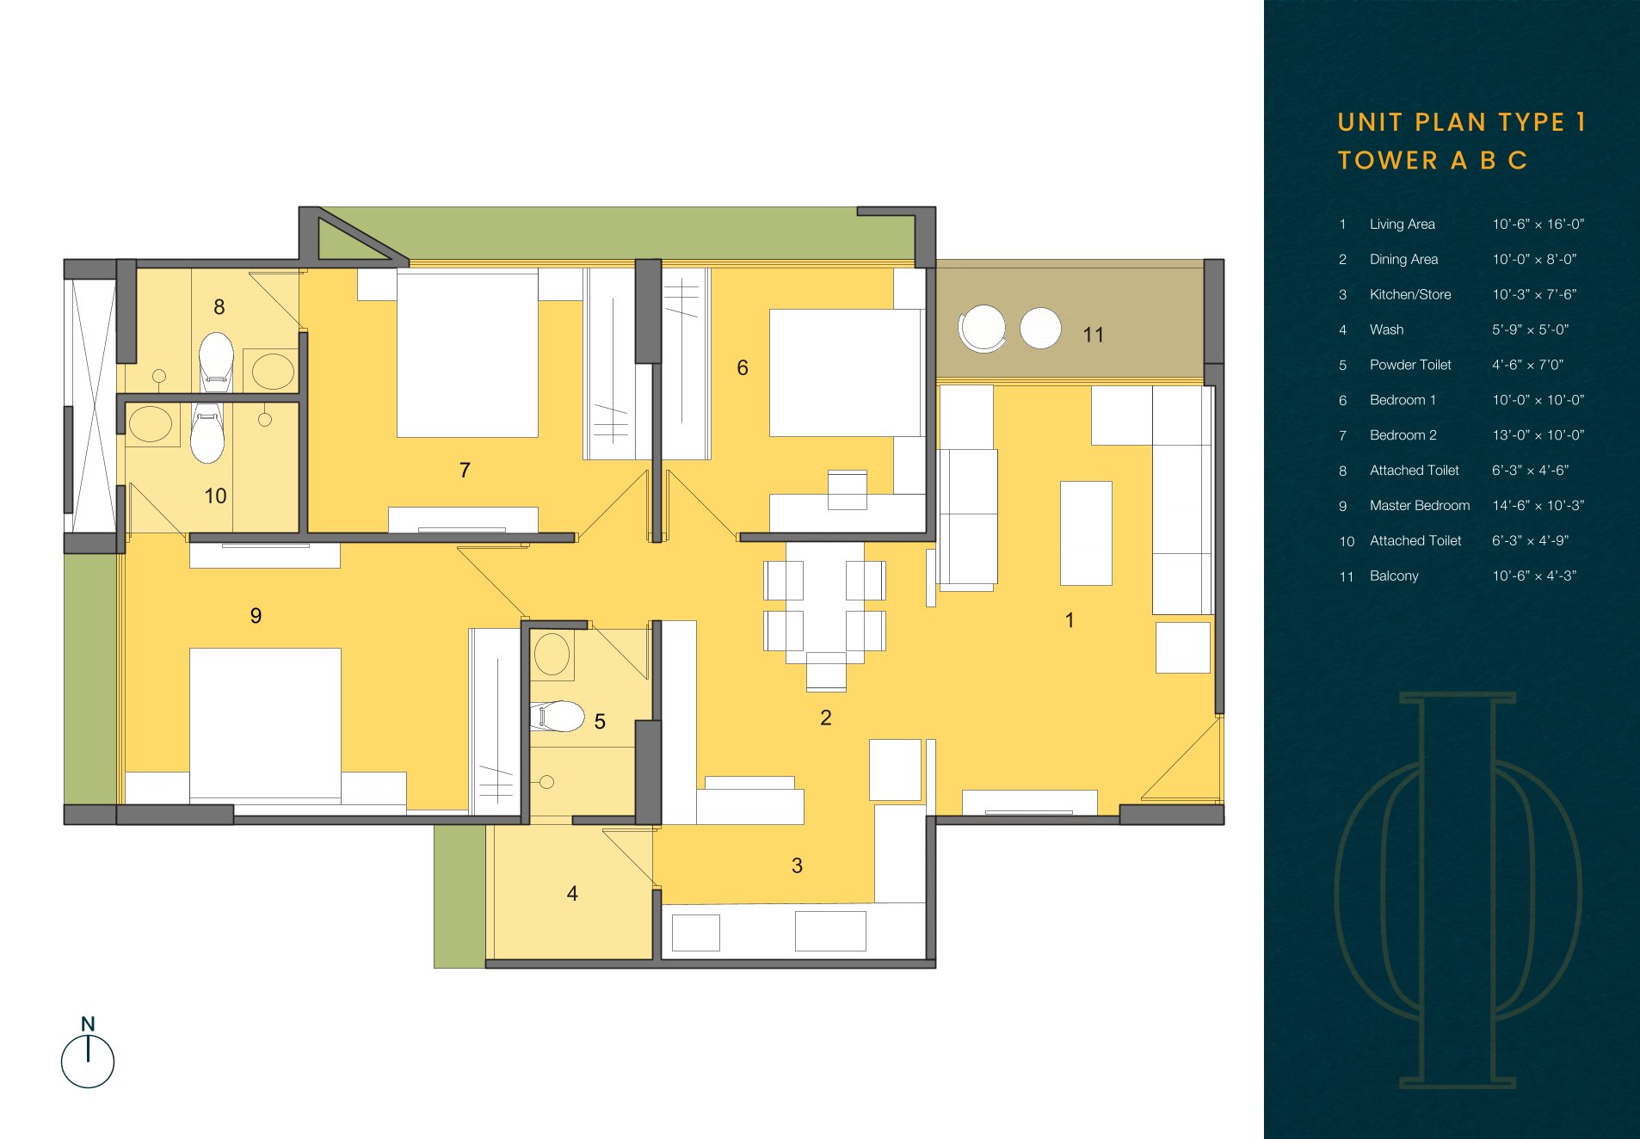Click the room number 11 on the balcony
[x=1093, y=335]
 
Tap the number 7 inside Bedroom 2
[x=465, y=470]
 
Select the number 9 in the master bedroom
[x=256, y=616]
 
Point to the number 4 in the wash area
[x=572, y=894]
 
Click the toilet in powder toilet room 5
[x=557, y=716]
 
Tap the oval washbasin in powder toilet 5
[x=552, y=655]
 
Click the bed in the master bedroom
[x=265, y=723]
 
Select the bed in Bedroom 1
[x=845, y=372]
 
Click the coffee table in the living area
[x=1086, y=533]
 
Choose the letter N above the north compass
[x=88, y=1024]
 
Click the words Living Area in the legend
[x=1403, y=225]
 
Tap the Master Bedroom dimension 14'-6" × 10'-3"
[x=1538, y=506]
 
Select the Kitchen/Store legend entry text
[x=1410, y=295]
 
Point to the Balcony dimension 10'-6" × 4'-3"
[x=1534, y=576]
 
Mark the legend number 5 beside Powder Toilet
[x=1342, y=366]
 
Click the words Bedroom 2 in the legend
[x=1403, y=435]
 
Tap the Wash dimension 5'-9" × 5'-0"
[x=1531, y=330]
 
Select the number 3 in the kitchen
[x=797, y=865]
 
